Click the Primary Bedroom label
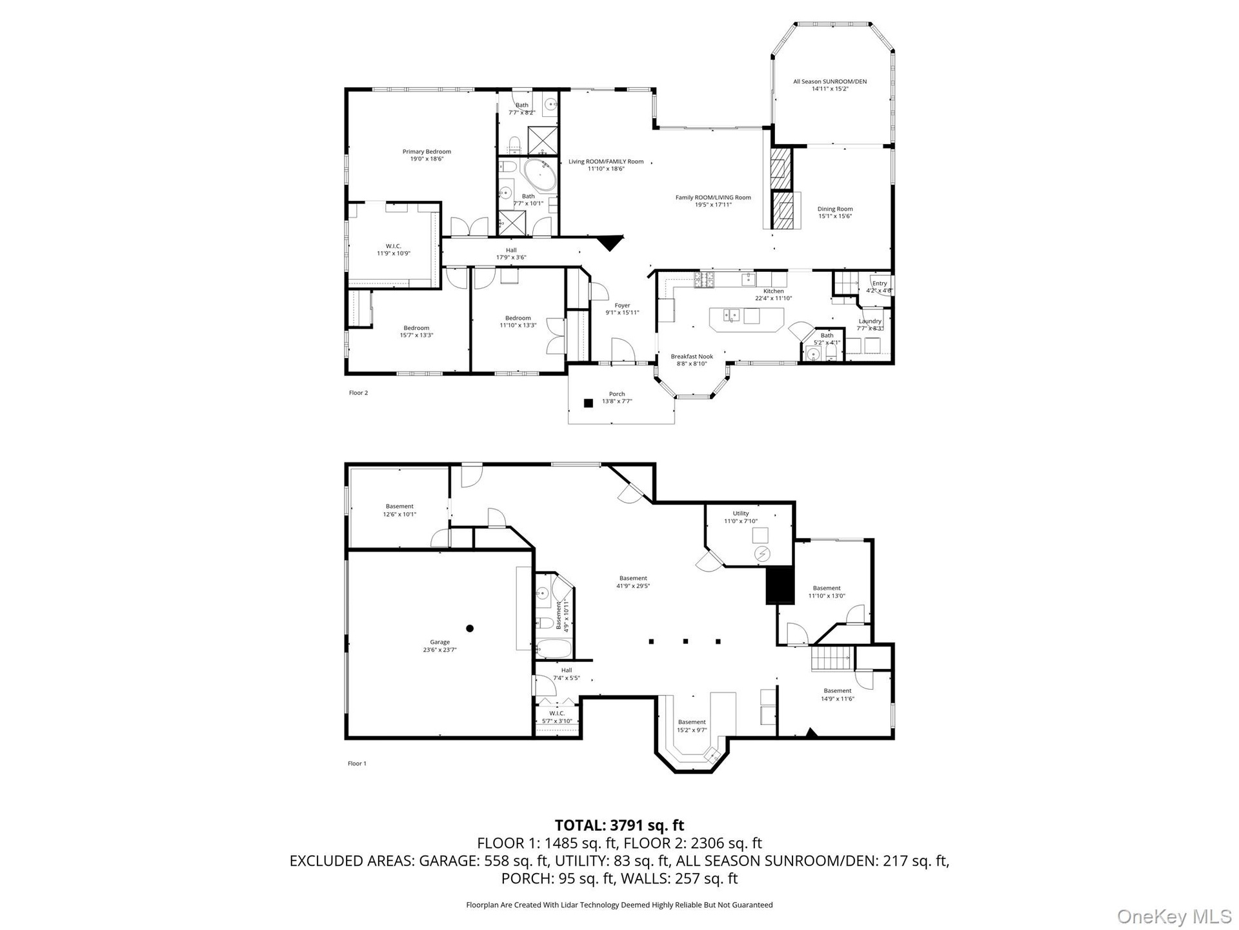tap(427, 155)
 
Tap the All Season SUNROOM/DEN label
tap(830, 85)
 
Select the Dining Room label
tap(835, 212)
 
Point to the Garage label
tap(439, 646)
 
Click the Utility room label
tap(741, 517)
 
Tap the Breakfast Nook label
tap(692, 360)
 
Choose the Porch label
tap(617, 397)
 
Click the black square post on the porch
tap(588, 403)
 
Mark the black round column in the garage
tap(470, 628)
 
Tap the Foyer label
tap(622, 309)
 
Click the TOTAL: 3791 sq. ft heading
tap(619, 825)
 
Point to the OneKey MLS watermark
tap(1174, 916)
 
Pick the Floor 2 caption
tap(358, 393)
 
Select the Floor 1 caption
tap(357, 763)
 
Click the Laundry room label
tap(870, 324)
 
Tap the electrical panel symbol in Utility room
tap(763, 554)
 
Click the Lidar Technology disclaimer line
tap(619, 905)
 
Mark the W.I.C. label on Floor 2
tap(394, 249)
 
